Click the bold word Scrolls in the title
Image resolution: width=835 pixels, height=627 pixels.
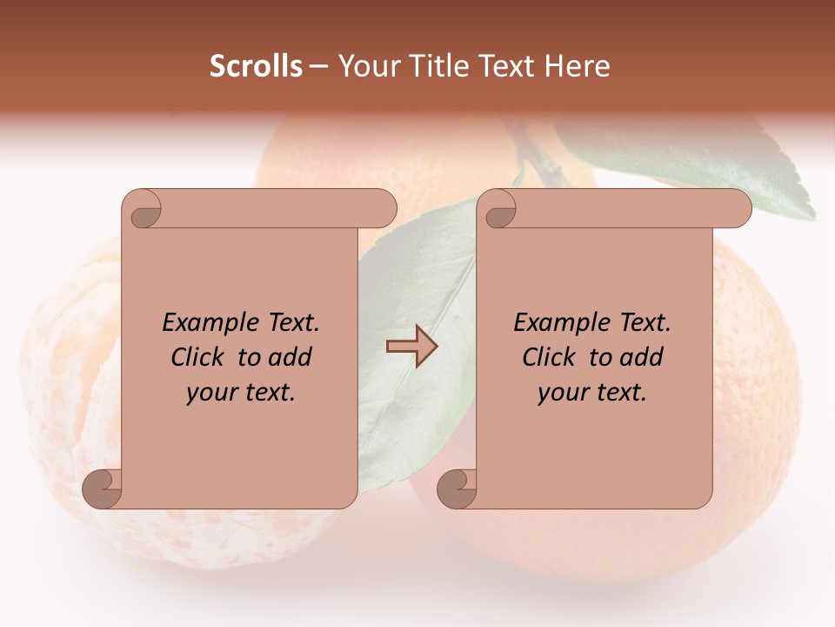pos(256,66)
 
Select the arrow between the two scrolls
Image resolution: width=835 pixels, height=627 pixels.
pos(411,347)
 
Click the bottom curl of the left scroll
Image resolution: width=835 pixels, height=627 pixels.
pos(101,489)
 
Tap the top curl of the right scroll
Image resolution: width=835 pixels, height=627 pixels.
pos(499,210)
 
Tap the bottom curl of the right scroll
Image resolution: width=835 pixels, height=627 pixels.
pos(456,489)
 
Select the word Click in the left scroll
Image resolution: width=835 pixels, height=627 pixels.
pos(200,357)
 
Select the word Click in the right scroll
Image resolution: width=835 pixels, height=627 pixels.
pos(551,357)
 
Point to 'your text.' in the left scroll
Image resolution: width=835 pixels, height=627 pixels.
pos(241,392)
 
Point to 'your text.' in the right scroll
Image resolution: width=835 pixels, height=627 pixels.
pos(592,392)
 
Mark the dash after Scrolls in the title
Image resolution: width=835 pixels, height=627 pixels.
pos(318,66)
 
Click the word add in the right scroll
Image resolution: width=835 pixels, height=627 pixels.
pos(643,357)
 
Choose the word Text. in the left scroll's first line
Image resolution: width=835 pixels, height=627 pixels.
pos(288,323)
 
